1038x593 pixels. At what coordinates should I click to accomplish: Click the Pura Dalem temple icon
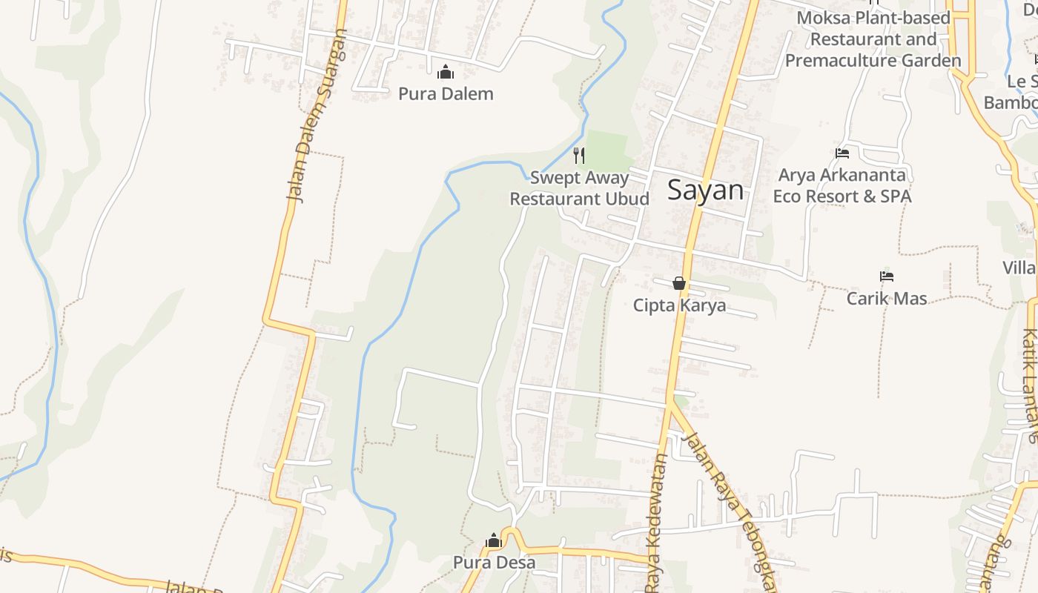tap(446, 72)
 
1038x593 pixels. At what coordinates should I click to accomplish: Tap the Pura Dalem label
tap(446, 94)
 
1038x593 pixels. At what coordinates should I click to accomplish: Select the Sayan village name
tap(705, 191)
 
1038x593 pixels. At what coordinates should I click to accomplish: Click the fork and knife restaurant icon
tap(579, 155)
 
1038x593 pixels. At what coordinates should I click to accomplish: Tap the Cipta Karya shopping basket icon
tap(679, 283)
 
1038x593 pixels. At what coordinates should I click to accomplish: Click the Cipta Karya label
tap(679, 305)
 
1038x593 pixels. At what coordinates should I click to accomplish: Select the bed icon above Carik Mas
tap(887, 276)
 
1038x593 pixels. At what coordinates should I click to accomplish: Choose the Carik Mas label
tap(887, 299)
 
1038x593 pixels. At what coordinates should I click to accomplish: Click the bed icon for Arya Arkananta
tap(842, 153)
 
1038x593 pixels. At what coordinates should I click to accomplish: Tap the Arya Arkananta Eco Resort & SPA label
tap(842, 186)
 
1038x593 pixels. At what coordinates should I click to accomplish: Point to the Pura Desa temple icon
tap(494, 541)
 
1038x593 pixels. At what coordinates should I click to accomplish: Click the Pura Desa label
tap(494, 563)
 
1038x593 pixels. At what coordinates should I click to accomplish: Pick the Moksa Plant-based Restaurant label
tap(873, 39)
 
